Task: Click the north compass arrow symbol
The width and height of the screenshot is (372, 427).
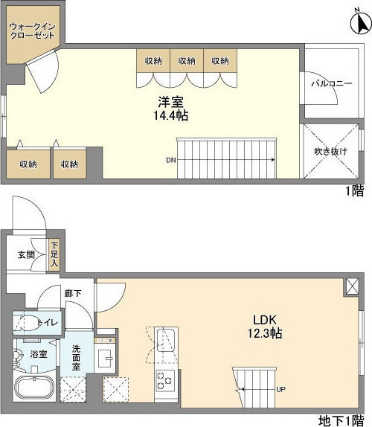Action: (x=361, y=23)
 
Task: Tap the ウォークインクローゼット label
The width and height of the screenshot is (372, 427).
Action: (x=32, y=31)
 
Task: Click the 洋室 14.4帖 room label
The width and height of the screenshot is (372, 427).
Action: (x=171, y=109)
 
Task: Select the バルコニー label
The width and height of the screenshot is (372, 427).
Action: (x=332, y=83)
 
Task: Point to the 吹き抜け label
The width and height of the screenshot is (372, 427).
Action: (x=331, y=151)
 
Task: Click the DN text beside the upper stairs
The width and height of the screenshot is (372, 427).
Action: (x=171, y=160)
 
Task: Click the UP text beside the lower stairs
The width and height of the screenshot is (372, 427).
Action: (x=280, y=389)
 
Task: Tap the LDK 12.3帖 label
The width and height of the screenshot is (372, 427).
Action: (x=265, y=327)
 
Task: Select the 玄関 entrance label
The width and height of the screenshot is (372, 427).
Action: (x=26, y=255)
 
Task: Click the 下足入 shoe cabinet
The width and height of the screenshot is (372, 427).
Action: (x=54, y=255)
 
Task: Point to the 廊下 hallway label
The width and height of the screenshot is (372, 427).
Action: (x=73, y=293)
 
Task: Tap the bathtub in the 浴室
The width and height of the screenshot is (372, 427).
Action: (x=34, y=388)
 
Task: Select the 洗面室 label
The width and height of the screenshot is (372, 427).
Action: (x=76, y=357)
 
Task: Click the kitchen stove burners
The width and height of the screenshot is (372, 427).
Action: (x=165, y=381)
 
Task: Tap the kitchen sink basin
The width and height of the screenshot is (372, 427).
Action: (x=166, y=340)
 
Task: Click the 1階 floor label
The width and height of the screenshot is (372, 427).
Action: (x=355, y=191)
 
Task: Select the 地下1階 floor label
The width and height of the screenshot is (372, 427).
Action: (x=341, y=421)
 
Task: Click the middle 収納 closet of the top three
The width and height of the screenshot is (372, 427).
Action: (x=187, y=61)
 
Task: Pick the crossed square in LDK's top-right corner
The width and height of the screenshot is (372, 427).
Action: (x=353, y=286)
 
